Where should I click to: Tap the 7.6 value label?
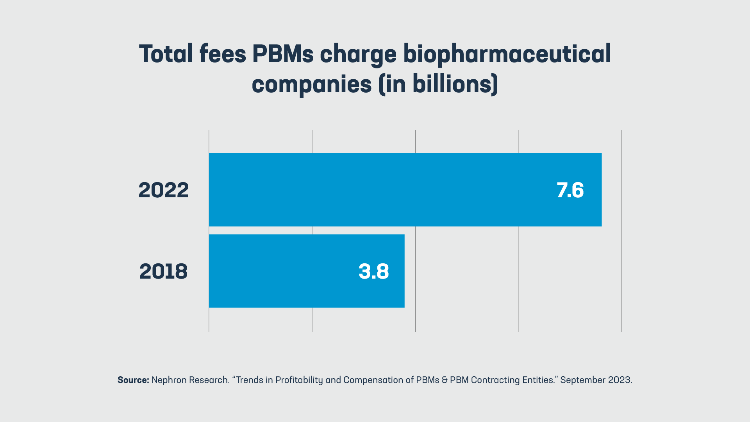570,190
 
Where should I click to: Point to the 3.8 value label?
374,271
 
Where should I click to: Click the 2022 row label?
163,190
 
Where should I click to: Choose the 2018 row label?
163,271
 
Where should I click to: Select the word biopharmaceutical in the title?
507,54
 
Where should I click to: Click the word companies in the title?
311,84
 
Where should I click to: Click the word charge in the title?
358,55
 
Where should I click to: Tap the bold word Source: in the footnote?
133,380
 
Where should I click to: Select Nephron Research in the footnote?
190,380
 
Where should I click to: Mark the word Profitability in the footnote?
299,380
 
